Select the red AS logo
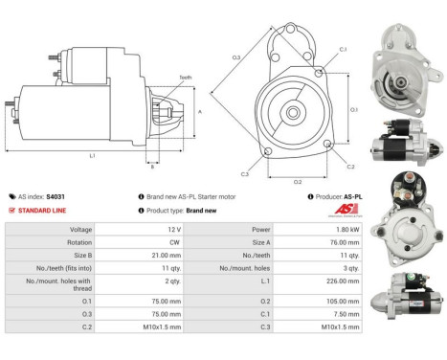point(346,210)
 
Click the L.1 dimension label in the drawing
point(92,154)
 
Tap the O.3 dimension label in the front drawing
point(235,58)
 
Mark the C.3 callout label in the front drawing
point(244,174)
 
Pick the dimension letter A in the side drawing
point(198,110)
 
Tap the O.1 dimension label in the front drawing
point(353,109)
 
